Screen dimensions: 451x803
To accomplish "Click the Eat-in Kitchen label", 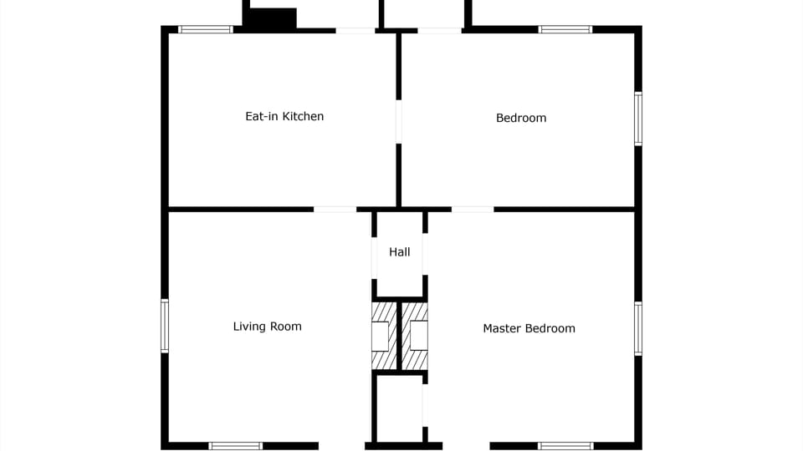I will (x=284, y=116).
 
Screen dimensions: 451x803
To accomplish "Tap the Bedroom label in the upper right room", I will (x=521, y=118).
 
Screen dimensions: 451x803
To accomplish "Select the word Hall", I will (x=400, y=251).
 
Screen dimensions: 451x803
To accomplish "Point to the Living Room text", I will (x=267, y=327).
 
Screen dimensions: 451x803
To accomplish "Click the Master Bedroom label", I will (x=529, y=328).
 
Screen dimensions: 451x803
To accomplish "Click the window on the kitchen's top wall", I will (x=206, y=29).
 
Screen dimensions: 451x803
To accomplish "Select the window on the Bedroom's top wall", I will (x=565, y=29).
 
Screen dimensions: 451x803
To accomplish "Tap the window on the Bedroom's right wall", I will (x=638, y=119).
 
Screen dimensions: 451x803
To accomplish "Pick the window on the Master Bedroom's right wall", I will (x=638, y=328).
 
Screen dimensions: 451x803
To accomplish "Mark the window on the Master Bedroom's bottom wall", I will (x=565, y=446).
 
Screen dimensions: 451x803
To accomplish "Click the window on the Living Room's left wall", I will (x=165, y=326).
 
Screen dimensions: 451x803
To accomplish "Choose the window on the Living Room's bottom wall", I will (x=235, y=446).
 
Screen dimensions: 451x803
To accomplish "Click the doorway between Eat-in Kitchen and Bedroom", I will (x=399, y=122).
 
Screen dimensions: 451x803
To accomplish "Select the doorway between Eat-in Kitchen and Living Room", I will (x=335, y=209).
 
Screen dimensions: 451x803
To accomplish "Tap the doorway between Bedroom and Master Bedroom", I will (x=473, y=209).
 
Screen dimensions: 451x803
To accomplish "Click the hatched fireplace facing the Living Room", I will (x=383, y=336).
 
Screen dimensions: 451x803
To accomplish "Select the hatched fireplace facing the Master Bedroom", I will (x=417, y=336).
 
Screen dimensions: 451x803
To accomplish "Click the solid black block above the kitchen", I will (x=270, y=19).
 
